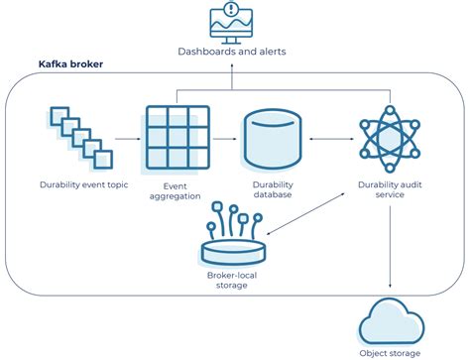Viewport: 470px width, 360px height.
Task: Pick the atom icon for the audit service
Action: (388, 138)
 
